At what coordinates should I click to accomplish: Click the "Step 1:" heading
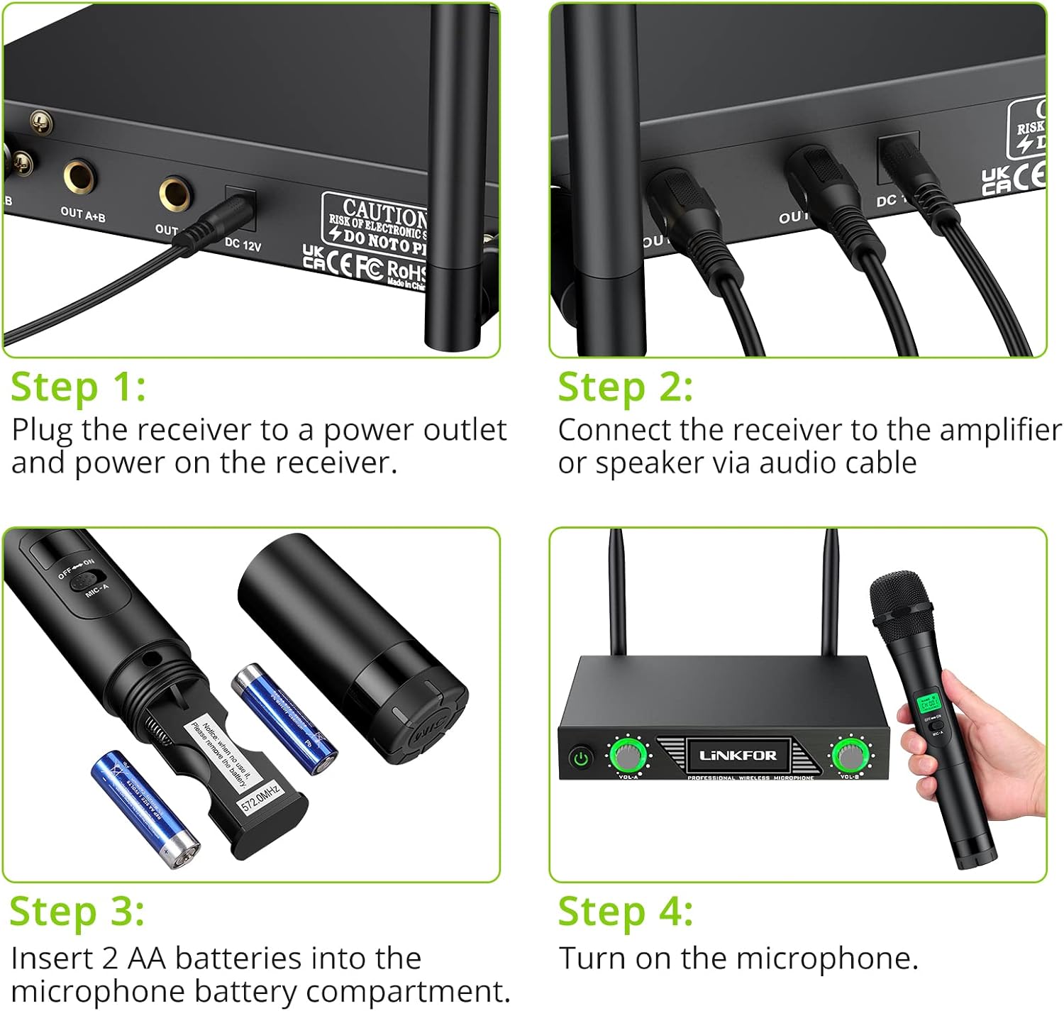click(x=78, y=389)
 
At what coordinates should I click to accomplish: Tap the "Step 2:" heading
click(x=625, y=389)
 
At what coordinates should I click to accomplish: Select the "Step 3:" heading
click(x=77, y=912)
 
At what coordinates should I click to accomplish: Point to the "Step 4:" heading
click(x=625, y=912)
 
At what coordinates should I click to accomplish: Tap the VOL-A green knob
click(x=628, y=756)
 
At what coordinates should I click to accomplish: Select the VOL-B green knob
click(x=848, y=756)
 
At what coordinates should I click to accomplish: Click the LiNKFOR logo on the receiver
click(x=738, y=756)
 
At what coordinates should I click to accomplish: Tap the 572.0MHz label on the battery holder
click(x=261, y=798)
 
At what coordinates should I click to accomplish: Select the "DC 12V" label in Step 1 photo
click(x=243, y=245)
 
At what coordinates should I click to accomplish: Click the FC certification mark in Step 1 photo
click(x=368, y=269)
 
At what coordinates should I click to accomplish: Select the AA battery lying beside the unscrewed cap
click(x=284, y=717)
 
